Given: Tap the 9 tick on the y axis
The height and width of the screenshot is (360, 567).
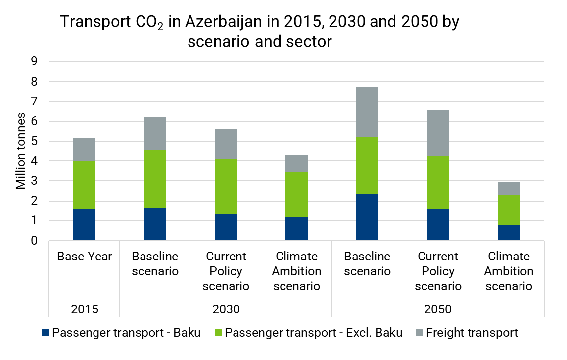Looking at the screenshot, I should click(35, 62).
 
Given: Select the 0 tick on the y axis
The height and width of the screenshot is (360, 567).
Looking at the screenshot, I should click(35, 241).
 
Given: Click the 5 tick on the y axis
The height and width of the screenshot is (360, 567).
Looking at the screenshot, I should click(35, 142).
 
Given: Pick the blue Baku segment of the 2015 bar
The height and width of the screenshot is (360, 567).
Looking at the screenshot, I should click(84, 225).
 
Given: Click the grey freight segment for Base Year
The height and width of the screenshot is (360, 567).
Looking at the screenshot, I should click(84, 149).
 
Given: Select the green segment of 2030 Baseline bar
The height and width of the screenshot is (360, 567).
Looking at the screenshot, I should click(155, 179).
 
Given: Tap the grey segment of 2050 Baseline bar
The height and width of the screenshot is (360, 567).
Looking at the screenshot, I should click(367, 112).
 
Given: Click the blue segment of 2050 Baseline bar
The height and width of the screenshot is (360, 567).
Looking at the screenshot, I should click(367, 217).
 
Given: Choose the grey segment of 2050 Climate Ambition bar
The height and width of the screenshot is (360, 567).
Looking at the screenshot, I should click(509, 188).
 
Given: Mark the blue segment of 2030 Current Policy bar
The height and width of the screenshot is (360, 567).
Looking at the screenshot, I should click(226, 227).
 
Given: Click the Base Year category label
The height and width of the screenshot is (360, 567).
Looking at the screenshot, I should click(85, 257).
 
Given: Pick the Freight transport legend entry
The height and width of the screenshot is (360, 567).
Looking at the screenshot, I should click(472, 333).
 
